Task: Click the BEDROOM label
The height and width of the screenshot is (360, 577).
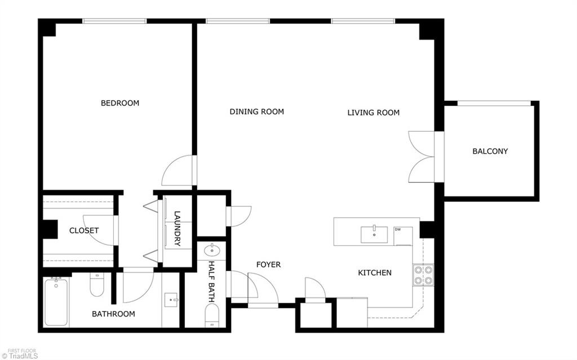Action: (119, 103)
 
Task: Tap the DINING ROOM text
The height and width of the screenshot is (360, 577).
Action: (256, 112)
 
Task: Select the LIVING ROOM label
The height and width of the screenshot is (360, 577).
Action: (373, 113)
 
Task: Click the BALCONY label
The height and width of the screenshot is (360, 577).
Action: (490, 151)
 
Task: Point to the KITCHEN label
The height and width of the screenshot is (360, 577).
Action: (375, 273)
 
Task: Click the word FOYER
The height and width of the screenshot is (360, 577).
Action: (268, 264)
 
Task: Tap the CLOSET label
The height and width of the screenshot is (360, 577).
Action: (84, 230)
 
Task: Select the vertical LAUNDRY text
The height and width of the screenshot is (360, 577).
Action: (177, 228)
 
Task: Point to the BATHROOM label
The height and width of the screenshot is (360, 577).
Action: (113, 314)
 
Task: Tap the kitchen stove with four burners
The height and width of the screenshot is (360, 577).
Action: (423, 274)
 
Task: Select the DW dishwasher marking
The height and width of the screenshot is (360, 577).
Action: (398, 229)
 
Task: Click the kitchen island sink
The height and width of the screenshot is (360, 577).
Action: (374, 232)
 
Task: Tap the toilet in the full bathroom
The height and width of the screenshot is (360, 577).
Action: (97, 286)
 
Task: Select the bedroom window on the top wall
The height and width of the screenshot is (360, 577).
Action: (114, 21)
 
